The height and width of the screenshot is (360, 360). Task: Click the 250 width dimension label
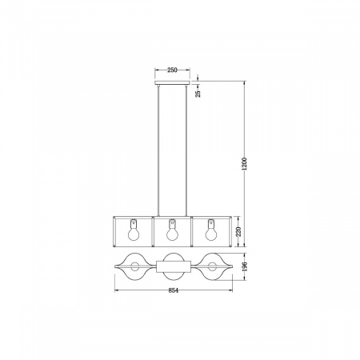170,70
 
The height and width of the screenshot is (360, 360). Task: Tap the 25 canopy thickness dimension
198,93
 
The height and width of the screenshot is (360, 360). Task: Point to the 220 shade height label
237,232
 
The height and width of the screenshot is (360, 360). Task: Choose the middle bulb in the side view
170,233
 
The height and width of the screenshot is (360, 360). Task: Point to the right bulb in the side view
211,233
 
